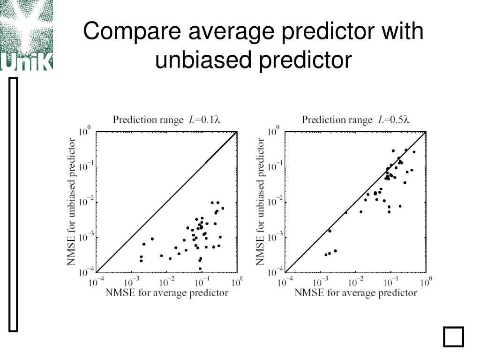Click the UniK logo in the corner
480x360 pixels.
[26, 35]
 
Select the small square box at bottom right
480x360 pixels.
[453, 337]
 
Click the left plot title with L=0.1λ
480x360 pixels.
[166, 120]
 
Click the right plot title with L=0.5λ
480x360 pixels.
[356, 120]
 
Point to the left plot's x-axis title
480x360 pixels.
[167, 293]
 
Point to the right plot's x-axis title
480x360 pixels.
[356, 293]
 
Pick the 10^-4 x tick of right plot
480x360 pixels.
[285, 283]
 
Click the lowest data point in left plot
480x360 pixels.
[200, 269]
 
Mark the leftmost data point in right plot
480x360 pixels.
[326, 255]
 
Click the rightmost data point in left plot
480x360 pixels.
[223, 208]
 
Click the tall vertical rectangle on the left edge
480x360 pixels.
[14, 205]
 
